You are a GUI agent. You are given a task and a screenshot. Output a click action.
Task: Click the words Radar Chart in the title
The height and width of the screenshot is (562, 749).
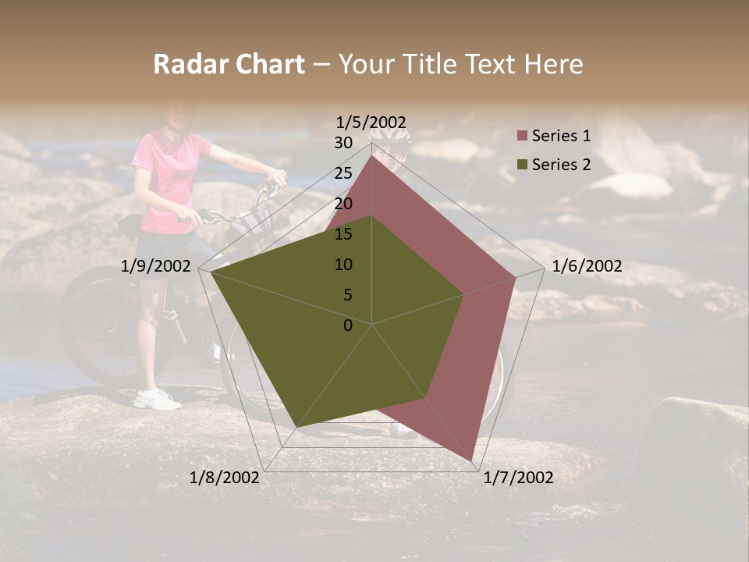click(x=229, y=64)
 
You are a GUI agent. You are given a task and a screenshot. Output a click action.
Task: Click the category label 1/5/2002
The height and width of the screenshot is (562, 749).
click(x=371, y=122)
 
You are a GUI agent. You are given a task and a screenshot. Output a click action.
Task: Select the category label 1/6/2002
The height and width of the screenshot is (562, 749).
click(x=587, y=266)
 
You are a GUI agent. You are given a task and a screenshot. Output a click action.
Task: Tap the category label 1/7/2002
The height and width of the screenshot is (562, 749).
click(x=518, y=478)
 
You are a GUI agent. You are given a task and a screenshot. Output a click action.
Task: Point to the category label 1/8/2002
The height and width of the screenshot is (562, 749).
click(x=225, y=478)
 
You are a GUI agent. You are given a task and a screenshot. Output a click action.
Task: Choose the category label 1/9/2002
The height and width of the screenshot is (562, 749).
click(x=156, y=266)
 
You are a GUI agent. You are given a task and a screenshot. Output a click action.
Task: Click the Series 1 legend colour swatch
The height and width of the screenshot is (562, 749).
click(x=523, y=137)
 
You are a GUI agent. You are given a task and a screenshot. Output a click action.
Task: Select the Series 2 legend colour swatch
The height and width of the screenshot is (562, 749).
click(x=523, y=165)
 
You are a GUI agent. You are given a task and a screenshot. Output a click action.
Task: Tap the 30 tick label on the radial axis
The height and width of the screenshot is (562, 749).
click(x=343, y=143)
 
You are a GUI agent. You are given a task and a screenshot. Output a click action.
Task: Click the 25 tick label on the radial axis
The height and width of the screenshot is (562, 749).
click(x=343, y=173)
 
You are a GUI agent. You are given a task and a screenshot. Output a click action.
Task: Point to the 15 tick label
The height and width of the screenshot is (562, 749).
click(x=343, y=234)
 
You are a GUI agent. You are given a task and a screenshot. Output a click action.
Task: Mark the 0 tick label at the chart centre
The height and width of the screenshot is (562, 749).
click(x=348, y=325)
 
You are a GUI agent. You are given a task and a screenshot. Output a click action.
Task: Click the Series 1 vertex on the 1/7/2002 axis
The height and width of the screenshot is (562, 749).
click(x=471, y=461)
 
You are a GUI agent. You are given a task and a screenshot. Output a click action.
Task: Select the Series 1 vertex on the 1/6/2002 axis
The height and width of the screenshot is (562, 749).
click(x=516, y=277)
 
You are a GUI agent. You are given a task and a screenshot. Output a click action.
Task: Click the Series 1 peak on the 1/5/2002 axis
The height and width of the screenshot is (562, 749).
click(x=371, y=155)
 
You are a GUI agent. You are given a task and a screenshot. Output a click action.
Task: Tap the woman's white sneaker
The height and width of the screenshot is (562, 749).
click(x=156, y=400)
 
